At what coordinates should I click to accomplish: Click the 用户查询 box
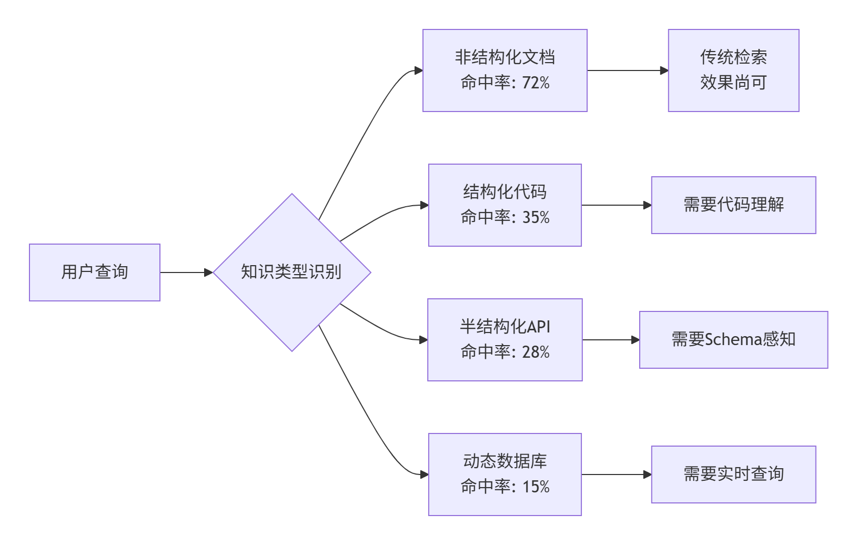(95, 272)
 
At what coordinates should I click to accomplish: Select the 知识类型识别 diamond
(291, 272)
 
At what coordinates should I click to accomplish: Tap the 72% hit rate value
(536, 83)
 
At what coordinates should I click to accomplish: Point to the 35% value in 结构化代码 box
(536, 217)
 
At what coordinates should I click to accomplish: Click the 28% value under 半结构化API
(536, 352)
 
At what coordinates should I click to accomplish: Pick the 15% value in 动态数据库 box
(536, 487)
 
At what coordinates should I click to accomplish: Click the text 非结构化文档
(505, 57)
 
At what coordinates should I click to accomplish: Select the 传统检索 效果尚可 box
(733, 70)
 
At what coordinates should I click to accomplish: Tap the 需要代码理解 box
(733, 205)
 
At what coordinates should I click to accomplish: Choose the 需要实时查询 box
(733, 474)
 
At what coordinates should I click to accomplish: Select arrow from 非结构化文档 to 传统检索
(626, 70)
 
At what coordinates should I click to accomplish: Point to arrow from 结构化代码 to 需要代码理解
(616, 205)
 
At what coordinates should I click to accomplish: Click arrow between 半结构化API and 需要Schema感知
(610, 340)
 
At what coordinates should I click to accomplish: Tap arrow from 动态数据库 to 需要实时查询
(616, 475)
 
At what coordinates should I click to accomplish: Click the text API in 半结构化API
(539, 327)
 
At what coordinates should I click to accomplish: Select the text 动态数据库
(505, 461)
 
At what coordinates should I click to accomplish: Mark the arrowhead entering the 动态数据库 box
(424, 475)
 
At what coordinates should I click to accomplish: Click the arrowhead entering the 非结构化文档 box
(419, 70)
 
